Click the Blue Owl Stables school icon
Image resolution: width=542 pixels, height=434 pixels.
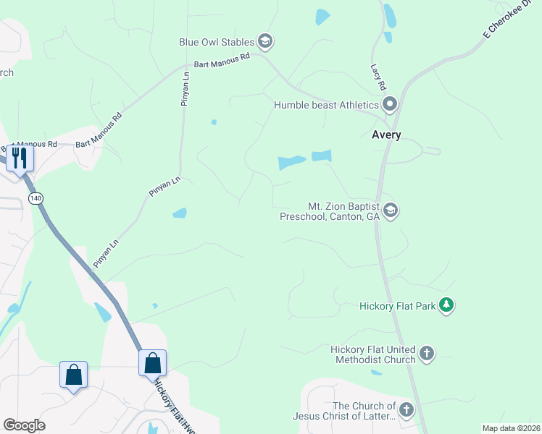264,41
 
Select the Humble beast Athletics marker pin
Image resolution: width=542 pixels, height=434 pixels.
390,105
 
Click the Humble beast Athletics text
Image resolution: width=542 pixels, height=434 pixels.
326,105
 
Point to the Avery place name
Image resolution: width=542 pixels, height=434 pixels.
386,135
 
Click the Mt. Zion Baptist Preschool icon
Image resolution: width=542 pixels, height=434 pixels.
391,210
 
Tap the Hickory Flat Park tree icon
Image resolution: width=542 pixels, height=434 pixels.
448,305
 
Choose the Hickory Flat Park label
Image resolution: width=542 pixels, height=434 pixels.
398,306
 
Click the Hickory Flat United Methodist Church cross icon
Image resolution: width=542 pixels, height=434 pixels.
427,354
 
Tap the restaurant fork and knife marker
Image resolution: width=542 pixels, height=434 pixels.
19,158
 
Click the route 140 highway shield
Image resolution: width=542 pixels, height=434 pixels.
36,197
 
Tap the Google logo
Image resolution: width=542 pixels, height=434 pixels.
24,425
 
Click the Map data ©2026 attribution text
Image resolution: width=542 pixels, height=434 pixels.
511,428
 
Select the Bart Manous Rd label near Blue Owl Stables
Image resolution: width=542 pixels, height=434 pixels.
222,59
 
